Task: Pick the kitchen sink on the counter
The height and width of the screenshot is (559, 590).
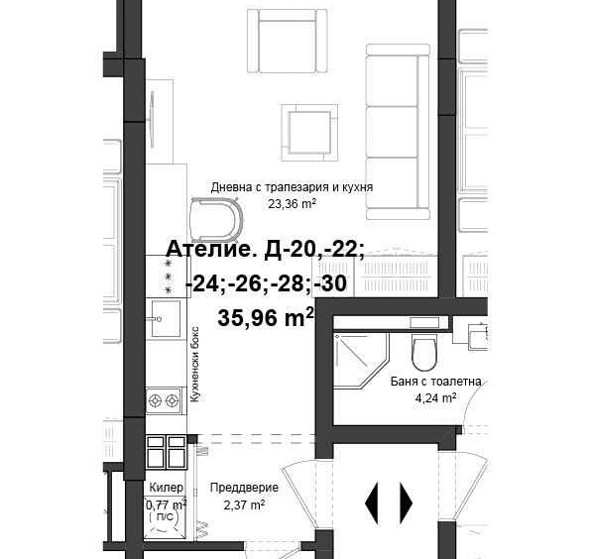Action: (163, 319)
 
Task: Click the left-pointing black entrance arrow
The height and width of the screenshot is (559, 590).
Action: (372, 502)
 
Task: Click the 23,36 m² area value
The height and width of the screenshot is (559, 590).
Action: (292, 204)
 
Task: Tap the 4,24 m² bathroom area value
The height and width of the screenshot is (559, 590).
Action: (435, 398)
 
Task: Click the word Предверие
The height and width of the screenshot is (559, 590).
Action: (244, 488)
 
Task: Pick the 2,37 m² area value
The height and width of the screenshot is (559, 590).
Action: (244, 504)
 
